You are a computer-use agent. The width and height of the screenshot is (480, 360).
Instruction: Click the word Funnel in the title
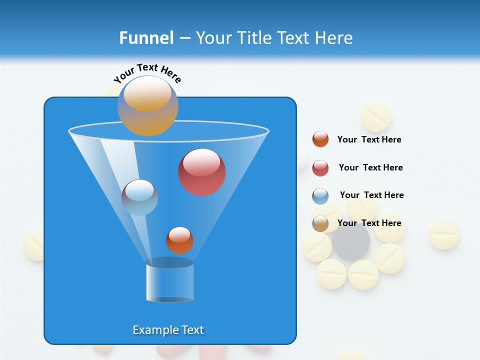pos(146,38)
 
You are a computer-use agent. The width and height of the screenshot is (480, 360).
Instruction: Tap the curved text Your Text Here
pos(147,73)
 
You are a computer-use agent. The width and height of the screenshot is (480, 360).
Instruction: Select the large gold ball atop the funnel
pos(147,106)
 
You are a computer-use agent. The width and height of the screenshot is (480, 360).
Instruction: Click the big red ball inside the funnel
pos(201,172)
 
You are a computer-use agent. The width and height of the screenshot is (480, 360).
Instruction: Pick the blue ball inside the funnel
pos(139,197)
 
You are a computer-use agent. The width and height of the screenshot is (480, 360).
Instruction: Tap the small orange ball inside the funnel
pos(179,240)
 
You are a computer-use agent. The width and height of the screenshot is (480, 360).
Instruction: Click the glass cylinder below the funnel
pos(169,281)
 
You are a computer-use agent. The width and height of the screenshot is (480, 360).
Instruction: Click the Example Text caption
pos(168,330)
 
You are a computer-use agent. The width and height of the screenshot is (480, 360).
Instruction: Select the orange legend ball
pos(320,139)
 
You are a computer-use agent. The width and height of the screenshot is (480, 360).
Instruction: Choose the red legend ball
pos(320,168)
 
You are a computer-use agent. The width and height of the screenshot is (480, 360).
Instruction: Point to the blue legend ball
pos(320,196)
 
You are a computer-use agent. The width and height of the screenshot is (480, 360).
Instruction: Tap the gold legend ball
pos(320,223)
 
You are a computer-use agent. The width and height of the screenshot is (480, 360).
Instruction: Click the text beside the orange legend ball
pos(369,140)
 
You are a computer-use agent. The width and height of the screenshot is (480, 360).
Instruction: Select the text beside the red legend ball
pos(370,167)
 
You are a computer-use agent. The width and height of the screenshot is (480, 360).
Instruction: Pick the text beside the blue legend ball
pos(371,195)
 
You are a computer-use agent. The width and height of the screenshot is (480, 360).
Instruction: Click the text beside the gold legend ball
pos(369,223)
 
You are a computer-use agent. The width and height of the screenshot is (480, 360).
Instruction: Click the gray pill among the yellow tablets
pos(351,243)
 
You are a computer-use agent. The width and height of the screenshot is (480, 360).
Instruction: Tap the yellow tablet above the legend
pos(375,117)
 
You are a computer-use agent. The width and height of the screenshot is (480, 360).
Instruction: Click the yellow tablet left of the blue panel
pos(34,246)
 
